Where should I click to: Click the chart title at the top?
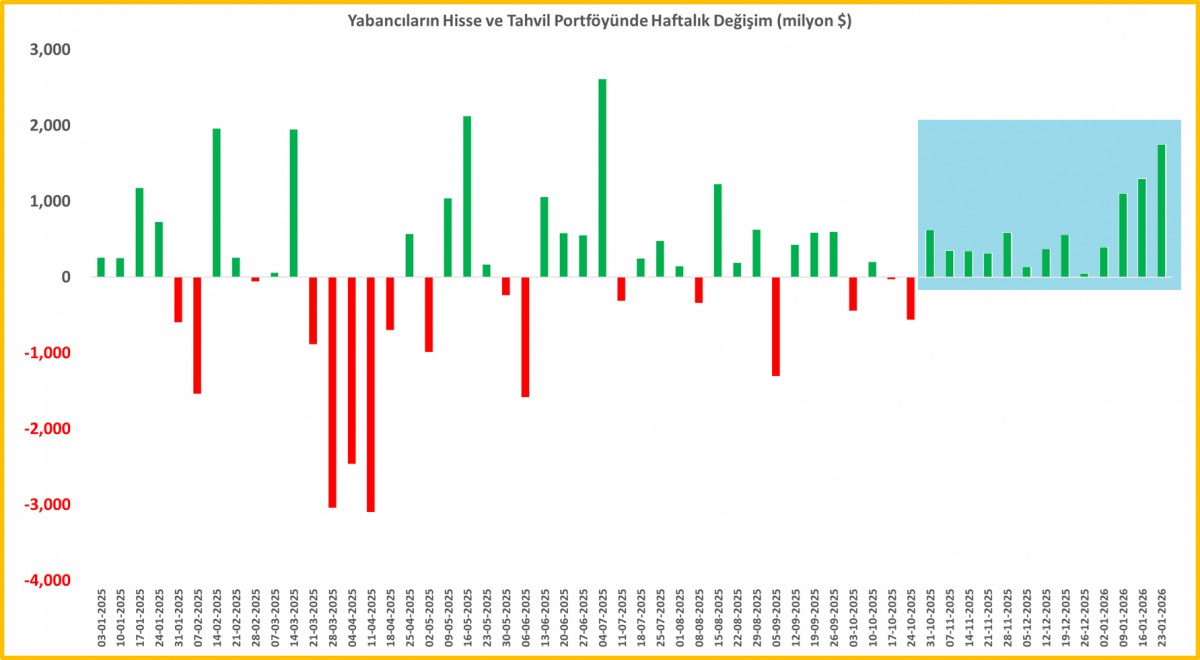tap(599, 20)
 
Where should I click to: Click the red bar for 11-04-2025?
tap(370, 394)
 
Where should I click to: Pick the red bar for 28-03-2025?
tap(332, 392)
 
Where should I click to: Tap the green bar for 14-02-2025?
tap(216, 203)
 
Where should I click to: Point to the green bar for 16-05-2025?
tap(467, 197)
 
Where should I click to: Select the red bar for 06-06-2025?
tap(525, 337)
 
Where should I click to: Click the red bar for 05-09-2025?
tap(775, 326)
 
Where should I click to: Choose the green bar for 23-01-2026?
tap(1161, 211)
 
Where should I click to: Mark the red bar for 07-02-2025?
tap(197, 335)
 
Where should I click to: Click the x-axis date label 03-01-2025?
tap(101, 619)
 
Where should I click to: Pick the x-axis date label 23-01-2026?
tap(1161, 619)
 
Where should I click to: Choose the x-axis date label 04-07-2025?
tap(602, 619)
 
